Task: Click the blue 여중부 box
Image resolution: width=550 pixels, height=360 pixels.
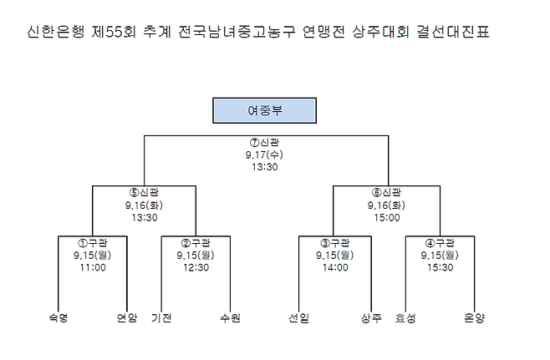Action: (x=264, y=109)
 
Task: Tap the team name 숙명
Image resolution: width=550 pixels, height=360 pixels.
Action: (x=58, y=317)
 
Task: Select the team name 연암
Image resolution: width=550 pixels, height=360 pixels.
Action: (x=127, y=317)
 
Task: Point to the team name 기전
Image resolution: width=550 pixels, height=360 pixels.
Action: (x=161, y=317)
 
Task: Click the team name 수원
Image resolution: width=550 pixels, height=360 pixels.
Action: (x=230, y=317)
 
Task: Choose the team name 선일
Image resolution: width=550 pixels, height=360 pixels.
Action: (x=298, y=317)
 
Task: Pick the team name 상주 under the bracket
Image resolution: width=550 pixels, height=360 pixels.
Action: (x=372, y=317)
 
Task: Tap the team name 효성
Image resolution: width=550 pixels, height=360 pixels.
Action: (x=405, y=317)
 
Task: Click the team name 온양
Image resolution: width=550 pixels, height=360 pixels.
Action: (x=474, y=317)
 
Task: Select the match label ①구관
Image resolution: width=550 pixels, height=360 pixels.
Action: (x=93, y=242)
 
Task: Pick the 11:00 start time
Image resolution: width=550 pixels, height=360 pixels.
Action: (x=93, y=267)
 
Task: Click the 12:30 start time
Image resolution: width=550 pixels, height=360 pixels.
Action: (x=196, y=267)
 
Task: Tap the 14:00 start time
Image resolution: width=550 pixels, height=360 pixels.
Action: (x=334, y=267)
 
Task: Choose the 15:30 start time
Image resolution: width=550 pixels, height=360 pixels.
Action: (x=441, y=267)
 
